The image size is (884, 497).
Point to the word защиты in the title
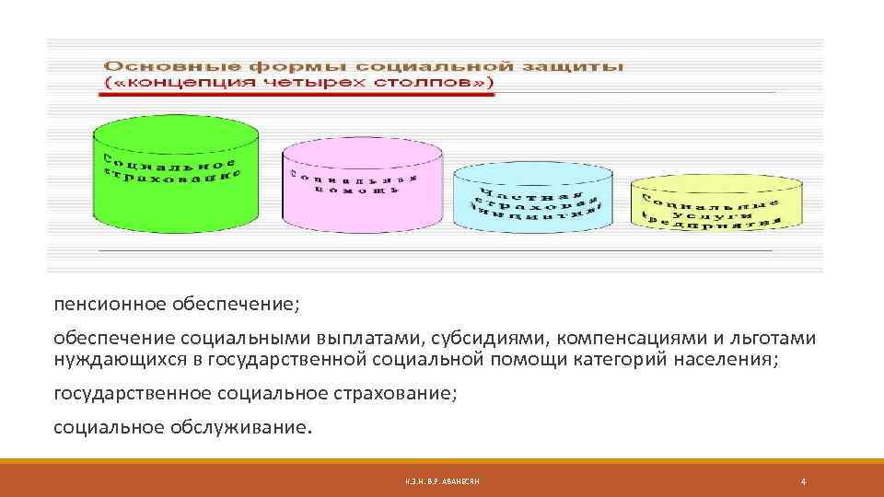pyautogui.click(x=583, y=67)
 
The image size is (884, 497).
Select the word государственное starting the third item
pyautogui.click(x=133, y=394)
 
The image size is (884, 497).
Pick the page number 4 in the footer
pyautogui.click(x=805, y=481)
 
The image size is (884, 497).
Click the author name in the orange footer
pyautogui.click(x=441, y=481)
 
